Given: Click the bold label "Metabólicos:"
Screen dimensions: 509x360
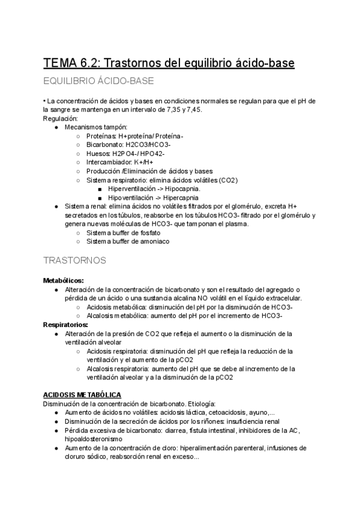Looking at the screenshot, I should [63, 280].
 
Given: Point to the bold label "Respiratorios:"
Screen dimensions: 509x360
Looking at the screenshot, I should [65, 324].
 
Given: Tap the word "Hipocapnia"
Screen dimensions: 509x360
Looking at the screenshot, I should [166, 188].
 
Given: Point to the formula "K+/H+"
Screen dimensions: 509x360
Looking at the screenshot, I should [143, 162].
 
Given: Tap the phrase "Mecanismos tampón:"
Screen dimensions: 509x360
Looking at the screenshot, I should [96, 127].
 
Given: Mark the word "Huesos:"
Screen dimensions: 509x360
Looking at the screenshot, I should [99, 154].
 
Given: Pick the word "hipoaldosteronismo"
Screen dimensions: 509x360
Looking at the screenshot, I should [94, 439].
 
